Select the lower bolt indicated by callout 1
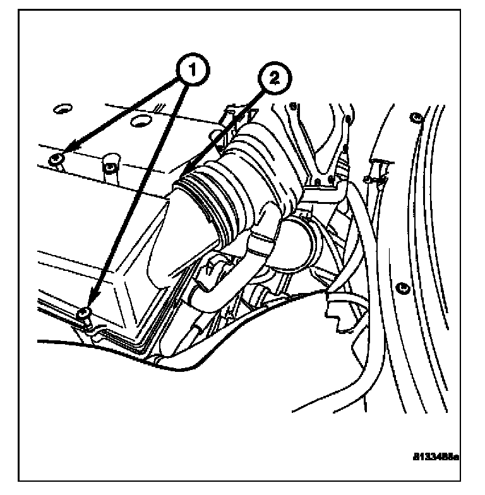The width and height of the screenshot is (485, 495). tap(83, 313)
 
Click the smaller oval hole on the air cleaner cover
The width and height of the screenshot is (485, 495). tap(61, 109)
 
